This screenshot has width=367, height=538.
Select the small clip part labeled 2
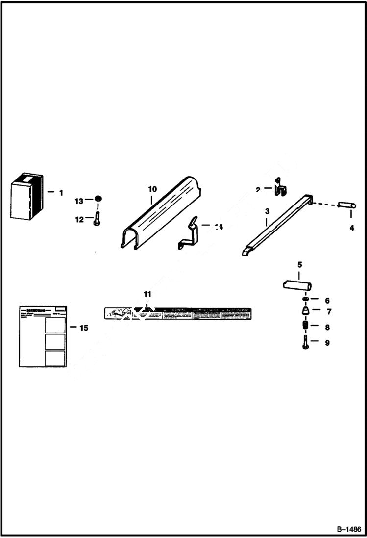279,190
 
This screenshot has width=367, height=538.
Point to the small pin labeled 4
345,205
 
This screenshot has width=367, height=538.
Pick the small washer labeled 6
305,300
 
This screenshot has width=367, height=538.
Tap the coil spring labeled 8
305,327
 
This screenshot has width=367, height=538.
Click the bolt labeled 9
305,342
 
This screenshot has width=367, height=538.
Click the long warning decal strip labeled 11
179,313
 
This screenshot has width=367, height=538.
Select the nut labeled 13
98,199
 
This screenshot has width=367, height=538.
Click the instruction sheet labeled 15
43,336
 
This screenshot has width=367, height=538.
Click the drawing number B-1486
348,529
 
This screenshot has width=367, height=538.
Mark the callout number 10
152,189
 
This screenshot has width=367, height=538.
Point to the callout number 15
84,328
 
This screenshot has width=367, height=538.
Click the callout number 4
352,229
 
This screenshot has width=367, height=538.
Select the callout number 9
327,343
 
